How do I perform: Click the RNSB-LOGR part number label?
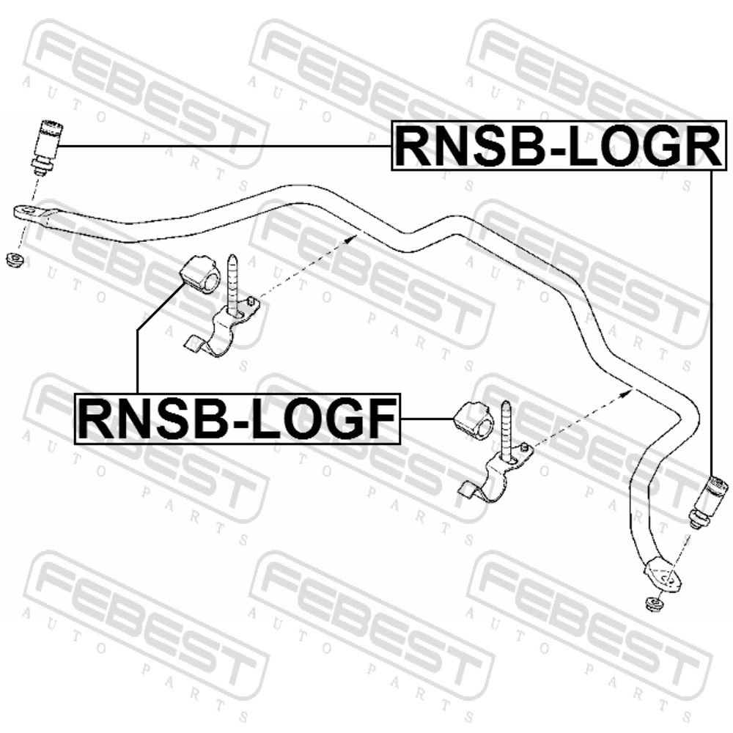click(x=559, y=147)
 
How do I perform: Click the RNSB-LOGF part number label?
click(x=237, y=419)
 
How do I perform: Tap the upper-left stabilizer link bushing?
click(x=47, y=147)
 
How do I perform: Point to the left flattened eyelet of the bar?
click(x=34, y=215)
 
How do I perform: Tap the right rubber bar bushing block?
click(x=474, y=419)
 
